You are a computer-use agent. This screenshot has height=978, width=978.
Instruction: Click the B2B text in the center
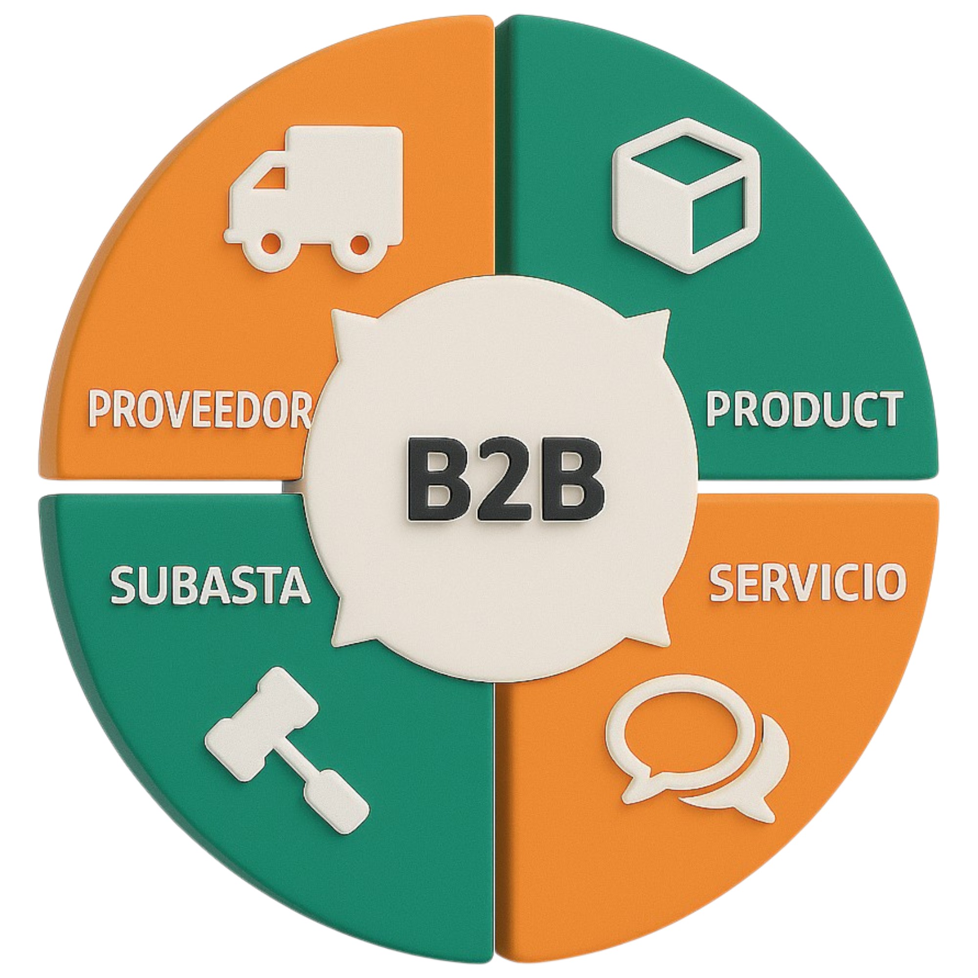coord(504,480)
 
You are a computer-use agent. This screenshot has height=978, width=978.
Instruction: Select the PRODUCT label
coord(803,409)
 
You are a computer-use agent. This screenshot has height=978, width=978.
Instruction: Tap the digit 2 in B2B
coord(504,480)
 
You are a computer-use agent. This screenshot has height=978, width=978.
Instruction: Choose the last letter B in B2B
coord(572,480)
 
